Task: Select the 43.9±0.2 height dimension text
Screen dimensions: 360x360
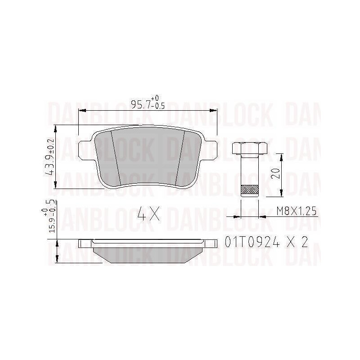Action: point(50,157)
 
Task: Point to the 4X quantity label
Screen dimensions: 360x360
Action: point(148,213)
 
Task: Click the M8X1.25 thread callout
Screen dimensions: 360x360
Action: point(297,211)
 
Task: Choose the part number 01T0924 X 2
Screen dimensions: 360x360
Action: point(266,242)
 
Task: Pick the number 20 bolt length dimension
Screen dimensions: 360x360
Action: point(275,174)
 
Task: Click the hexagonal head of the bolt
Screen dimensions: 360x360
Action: point(250,148)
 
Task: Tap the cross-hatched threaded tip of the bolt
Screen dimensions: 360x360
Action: point(250,189)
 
